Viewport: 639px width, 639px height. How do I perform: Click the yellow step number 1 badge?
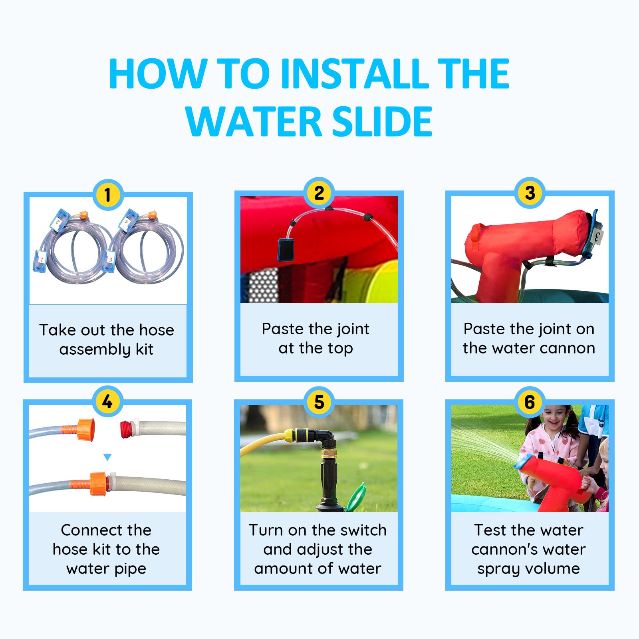(107, 195)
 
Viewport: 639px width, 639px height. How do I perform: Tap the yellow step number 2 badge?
(319, 193)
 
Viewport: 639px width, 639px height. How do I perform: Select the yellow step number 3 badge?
(530, 193)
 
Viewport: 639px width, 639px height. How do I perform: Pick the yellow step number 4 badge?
(107, 402)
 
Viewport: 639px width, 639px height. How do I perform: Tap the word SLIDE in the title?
(382, 121)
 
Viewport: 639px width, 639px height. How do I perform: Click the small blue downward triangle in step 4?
(107, 457)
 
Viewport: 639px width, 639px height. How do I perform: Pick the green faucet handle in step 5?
(356, 496)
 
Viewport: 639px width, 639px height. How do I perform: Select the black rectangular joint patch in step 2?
(286, 250)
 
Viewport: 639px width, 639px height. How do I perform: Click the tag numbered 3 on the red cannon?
(597, 237)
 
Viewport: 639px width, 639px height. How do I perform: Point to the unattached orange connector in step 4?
(85, 429)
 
